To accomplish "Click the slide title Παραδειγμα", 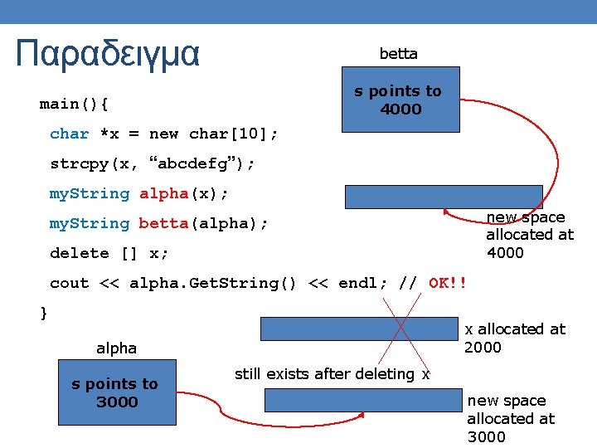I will [x=108, y=54].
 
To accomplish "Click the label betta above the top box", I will [x=398, y=54].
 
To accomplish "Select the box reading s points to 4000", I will [x=398, y=100].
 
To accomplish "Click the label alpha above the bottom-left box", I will [x=116, y=348].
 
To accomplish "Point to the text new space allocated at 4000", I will [x=529, y=235].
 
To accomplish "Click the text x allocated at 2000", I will [x=514, y=338].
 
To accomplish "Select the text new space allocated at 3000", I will [x=510, y=418].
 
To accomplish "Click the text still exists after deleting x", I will [x=332, y=374].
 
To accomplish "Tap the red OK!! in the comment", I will [x=448, y=283].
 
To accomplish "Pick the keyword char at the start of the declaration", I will [x=70, y=134].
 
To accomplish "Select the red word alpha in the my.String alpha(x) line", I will [x=164, y=193].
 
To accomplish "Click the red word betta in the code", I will [x=163, y=223].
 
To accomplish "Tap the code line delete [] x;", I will [x=109, y=253].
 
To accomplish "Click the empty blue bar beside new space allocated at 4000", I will [x=444, y=196].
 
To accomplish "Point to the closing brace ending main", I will [x=44, y=312].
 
